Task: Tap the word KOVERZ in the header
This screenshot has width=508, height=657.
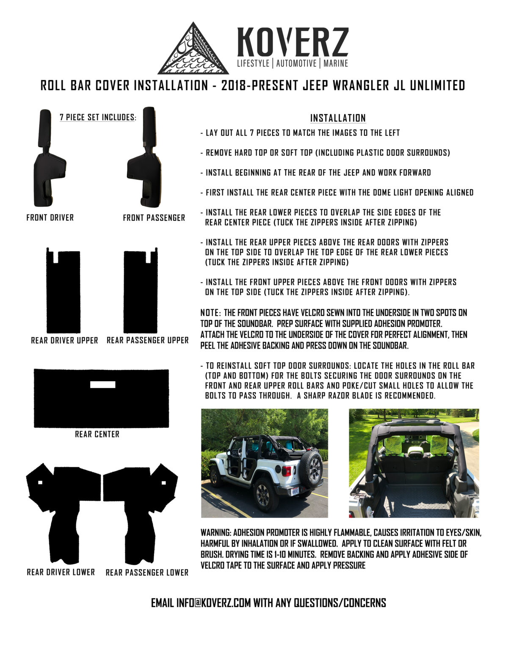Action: coord(293,42)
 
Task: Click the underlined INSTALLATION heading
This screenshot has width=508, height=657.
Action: coord(338,118)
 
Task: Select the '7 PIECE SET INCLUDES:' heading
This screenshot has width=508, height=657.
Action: coord(98,117)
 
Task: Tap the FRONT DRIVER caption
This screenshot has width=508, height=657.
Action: coord(50,217)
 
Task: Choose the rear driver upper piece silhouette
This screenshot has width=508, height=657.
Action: coord(63,292)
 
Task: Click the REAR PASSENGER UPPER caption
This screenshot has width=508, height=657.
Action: coord(147,340)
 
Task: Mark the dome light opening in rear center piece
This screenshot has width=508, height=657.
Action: coord(102,385)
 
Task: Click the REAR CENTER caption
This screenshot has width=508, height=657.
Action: coord(97,434)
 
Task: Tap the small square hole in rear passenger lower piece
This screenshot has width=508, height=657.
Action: coord(163,483)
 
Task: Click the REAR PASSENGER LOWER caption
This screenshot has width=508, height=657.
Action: coord(147,572)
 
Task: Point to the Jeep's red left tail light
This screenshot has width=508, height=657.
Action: coord(287,471)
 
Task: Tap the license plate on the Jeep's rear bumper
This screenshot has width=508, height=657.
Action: coord(295,491)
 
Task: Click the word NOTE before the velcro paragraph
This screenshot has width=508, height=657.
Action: coord(209,313)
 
